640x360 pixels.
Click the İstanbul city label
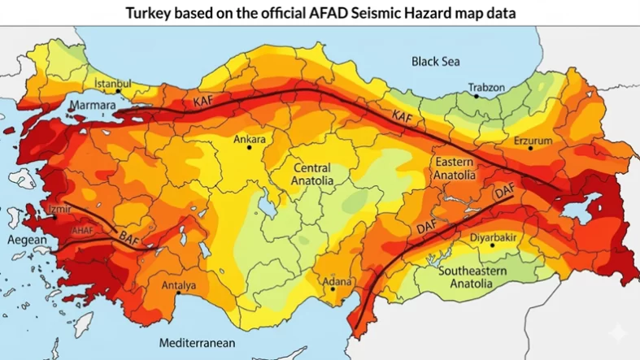point(112,83)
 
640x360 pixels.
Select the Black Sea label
point(435,61)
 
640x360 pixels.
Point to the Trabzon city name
point(486,87)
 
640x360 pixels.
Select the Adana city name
point(337,282)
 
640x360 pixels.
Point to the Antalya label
point(178,285)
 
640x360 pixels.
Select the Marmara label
point(92,106)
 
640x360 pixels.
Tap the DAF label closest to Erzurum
point(505,192)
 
